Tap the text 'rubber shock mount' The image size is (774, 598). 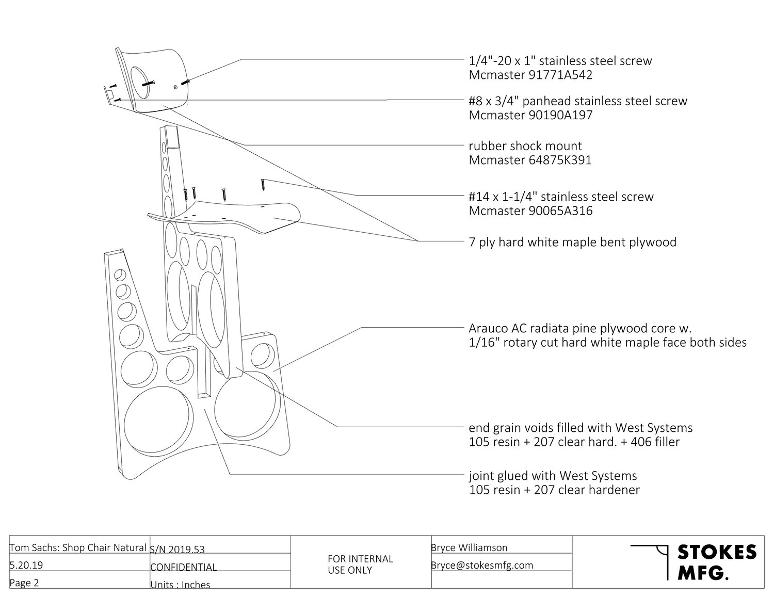pos(525,146)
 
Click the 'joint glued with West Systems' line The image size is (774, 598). pos(553,476)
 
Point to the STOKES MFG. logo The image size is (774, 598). pos(694,562)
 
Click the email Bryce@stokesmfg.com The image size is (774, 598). pos(482,565)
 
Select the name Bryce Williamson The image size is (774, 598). pos(469,547)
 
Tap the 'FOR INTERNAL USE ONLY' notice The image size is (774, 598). pos(360,564)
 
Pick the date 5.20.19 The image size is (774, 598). pos(26,565)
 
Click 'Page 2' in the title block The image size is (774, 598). pos(24,583)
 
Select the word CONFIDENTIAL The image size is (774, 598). pos(183,567)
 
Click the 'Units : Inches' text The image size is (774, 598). pos(180,585)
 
